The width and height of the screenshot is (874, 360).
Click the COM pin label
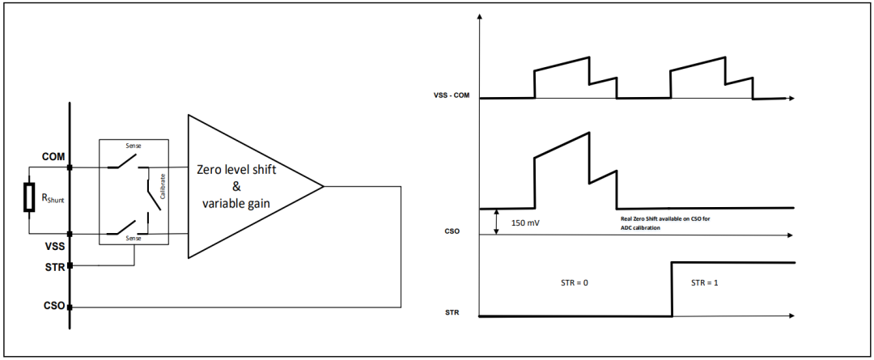pyautogui.click(x=53, y=157)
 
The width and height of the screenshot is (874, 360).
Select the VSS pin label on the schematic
pyautogui.click(x=53, y=245)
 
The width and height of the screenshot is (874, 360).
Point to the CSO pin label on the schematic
pyautogui.click(x=53, y=307)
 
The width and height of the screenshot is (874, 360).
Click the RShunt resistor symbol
pyautogui.click(x=28, y=197)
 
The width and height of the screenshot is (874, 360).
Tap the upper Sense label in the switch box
pyautogui.click(x=134, y=146)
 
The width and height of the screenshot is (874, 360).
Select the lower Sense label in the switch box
pyautogui.click(x=134, y=239)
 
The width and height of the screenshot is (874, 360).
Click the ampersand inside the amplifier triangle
pyautogui.click(x=236, y=187)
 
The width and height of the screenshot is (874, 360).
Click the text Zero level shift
pyautogui.click(x=236, y=169)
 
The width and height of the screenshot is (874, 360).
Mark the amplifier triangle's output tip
pyautogui.click(x=323, y=186)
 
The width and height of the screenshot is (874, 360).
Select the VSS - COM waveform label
pyautogui.click(x=451, y=95)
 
